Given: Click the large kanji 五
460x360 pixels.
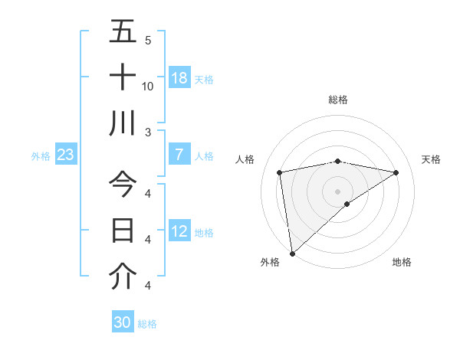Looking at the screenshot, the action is (123, 32).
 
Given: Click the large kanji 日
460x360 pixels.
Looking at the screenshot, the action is (123, 231).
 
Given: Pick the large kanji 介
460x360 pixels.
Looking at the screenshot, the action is (123, 277).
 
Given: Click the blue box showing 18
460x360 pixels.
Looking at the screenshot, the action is (179, 77).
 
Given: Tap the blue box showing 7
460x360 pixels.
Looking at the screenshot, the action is (179, 155).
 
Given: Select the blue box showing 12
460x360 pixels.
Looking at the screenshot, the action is (179, 231).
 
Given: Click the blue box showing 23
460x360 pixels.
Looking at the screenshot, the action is (66, 155).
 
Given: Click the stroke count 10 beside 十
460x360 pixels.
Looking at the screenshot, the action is (148, 86).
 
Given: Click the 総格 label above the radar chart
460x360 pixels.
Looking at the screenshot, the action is (338, 100).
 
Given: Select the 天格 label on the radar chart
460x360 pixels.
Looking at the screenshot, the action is (431, 159).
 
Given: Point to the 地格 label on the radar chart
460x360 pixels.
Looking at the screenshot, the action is (402, 262).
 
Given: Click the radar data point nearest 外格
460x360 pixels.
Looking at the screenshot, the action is (292, 253).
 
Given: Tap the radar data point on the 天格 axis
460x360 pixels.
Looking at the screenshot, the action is (396, 172).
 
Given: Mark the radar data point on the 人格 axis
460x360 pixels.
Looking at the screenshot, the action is (280, 172).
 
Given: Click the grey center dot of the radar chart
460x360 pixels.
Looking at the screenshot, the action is (338, 191).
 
